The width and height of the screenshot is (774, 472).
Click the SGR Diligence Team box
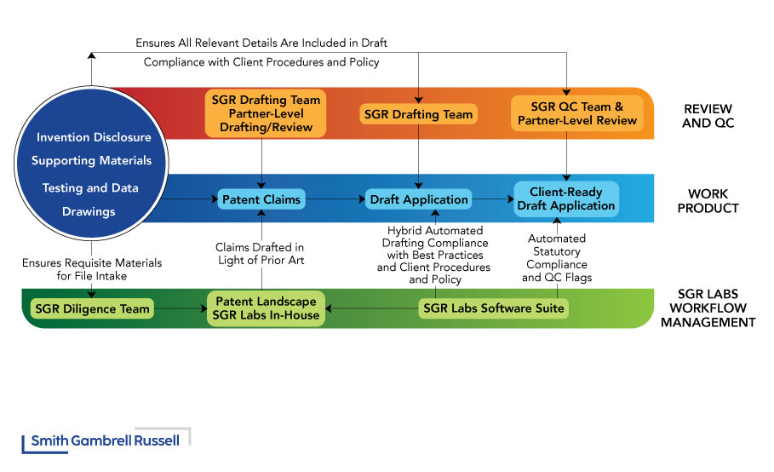[x=91, y=308]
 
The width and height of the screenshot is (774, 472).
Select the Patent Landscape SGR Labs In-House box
[x=267, y=308]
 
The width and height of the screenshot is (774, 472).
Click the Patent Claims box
[x=261, y=199]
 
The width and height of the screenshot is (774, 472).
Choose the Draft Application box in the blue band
[x=419, y=199]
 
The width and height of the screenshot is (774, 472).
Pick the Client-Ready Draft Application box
[x=565, y=199]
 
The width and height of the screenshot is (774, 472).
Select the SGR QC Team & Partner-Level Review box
[x=576, y=113]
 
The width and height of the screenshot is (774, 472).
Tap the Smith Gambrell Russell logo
[x=106, y=440]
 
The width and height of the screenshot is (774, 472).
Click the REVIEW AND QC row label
[x=708, y=115]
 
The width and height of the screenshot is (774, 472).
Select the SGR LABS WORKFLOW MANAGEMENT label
[x=708, y=308]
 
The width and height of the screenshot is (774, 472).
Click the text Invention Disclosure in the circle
[x=94, y=137]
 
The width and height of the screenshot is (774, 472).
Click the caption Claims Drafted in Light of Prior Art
[x=261, y=254]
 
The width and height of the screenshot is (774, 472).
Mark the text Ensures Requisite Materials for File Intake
[x=92, y=269]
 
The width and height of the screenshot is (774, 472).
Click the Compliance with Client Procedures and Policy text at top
[x=261, y=62]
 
